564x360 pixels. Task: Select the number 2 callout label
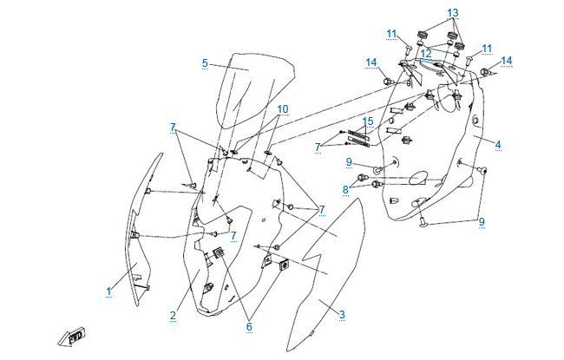(x=174, y=315)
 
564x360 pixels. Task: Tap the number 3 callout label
(x=341, y=315)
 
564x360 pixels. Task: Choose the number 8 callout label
(x=345, y=188)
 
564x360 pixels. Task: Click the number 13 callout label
(x=452, y=13)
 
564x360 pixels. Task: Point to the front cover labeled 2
(x=234, y=234)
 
